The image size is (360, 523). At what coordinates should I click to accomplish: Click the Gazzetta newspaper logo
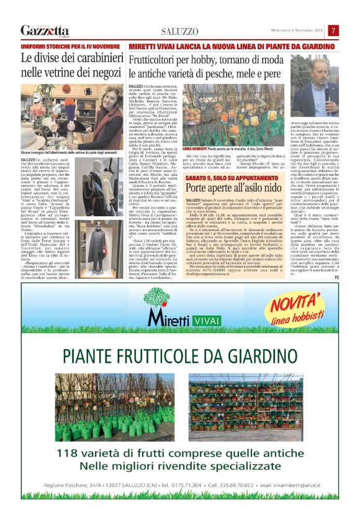pos(45,30)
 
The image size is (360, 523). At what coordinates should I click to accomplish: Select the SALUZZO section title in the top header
pos(179,31)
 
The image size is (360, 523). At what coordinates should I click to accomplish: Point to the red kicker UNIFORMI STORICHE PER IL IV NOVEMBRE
pos(70,47)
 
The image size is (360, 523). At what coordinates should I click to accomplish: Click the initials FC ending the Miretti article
pos(336,260)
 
